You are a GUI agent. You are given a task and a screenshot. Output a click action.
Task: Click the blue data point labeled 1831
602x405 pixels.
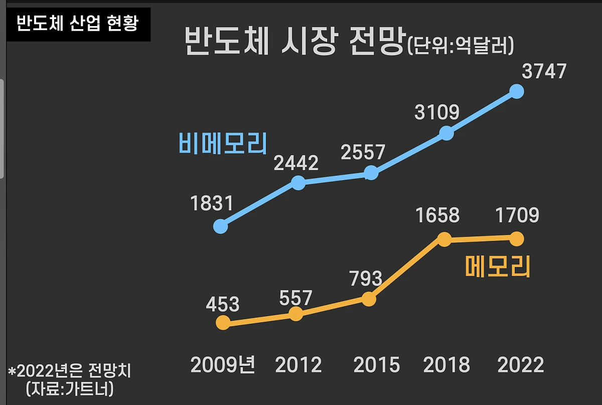tap(220, 226)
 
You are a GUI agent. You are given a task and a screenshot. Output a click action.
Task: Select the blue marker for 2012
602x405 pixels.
tap(298, 183)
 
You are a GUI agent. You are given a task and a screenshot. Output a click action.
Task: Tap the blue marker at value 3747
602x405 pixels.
tap(517, 91)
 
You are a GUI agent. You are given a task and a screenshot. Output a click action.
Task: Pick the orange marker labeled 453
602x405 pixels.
tap(223, 323)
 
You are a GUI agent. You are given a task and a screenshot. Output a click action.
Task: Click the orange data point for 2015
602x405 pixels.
tap(369, 299)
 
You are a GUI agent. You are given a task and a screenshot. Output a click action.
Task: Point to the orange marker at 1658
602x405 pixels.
tap(444, 239)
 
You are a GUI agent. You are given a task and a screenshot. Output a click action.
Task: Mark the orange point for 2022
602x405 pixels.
tap(517, 239)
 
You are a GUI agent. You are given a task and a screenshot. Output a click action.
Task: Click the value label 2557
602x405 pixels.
tap(363, 152)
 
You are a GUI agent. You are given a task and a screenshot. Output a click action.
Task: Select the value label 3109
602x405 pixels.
tap(437, 112)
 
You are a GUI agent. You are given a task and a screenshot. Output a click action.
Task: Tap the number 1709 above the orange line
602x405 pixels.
tap(517, 215)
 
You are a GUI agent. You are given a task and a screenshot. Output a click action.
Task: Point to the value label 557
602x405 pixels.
tap(296, 298)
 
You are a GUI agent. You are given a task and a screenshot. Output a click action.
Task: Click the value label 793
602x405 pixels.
tap(366, 278)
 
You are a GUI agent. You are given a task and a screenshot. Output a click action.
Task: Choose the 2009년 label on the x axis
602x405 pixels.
tap(223, 365)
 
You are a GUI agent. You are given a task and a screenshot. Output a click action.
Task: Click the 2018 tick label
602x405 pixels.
tap(446, 365)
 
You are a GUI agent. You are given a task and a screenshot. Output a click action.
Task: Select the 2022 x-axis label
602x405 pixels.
tap(520, 365)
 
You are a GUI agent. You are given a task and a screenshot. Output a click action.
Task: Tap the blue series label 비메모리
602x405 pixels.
tap(222, 143)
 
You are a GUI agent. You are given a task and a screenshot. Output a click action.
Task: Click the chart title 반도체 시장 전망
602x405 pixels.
tap(294, 43)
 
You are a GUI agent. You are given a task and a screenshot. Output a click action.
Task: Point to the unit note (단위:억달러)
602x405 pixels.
tap(460, 46)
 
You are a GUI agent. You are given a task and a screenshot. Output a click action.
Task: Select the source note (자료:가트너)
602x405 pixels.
tap(69, 388)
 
